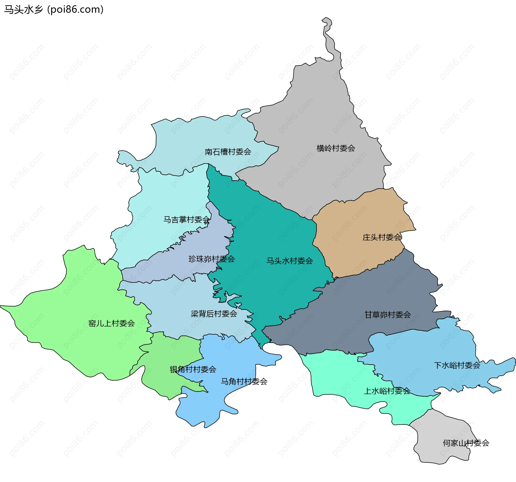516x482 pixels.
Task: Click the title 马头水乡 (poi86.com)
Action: pos(54,10)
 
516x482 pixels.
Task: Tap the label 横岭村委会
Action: pos(336,148)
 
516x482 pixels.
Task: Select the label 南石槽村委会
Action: pos(228,152)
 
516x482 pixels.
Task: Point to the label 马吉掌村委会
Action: pos(187,220)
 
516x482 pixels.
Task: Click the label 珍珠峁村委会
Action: pos(212,259)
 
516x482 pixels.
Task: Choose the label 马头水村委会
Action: pos(289,261)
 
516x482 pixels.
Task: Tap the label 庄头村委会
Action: pos(382,237)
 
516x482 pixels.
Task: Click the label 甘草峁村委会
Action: pos(388,315)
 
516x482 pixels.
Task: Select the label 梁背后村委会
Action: pos(214,314)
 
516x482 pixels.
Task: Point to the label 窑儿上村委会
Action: pos(112,323)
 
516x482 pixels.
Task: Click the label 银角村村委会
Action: pos(193,369)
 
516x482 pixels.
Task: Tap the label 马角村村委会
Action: pos(244,381)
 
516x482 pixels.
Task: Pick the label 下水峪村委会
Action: pos(457,365)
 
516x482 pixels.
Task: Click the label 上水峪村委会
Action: pos(387,391)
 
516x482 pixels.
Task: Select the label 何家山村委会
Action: pos(466,443)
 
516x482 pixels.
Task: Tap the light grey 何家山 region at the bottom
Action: pos(441,436)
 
